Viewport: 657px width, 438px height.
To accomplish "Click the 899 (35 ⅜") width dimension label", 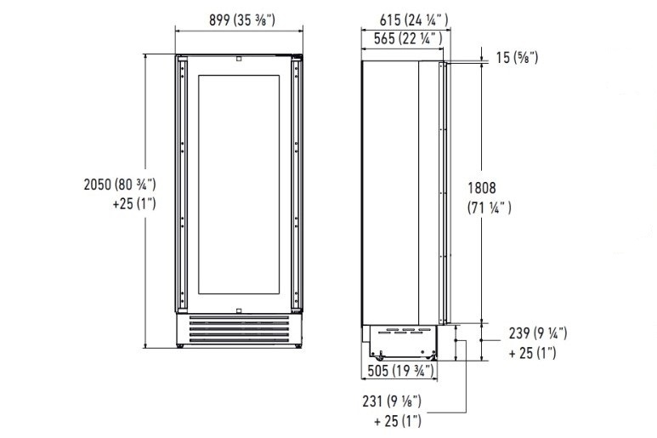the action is pos(241,20).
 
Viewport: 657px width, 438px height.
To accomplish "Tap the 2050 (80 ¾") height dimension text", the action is pos(120,184).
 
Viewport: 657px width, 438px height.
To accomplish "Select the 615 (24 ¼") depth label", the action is pos(414,20).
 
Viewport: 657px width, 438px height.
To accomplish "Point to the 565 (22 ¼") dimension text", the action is pos(408,38).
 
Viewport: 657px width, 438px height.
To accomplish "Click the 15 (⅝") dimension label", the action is pos(517,58).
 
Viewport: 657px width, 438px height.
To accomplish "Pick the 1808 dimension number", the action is pos(482,188).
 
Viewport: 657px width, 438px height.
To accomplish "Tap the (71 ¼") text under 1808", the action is pos(490,208).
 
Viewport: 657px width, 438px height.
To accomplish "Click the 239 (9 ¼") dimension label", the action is pos(538,333).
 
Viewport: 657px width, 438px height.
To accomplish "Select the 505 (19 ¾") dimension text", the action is pos(400,371).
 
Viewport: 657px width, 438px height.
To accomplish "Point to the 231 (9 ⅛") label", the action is pos(392,401).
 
